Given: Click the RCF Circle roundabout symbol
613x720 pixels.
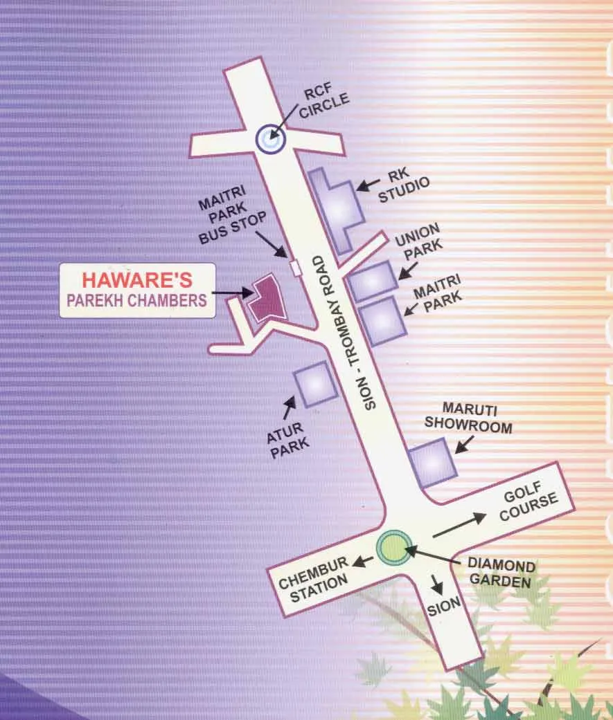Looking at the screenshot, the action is (x=269, y=139).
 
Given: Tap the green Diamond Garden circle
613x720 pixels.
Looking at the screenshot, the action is (x=391, y=546).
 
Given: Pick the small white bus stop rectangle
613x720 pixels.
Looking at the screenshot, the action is (x=296, y=268).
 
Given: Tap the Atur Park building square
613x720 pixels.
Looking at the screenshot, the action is (x=316, y=383).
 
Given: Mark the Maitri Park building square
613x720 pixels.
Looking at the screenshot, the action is (x=381, y=321).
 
